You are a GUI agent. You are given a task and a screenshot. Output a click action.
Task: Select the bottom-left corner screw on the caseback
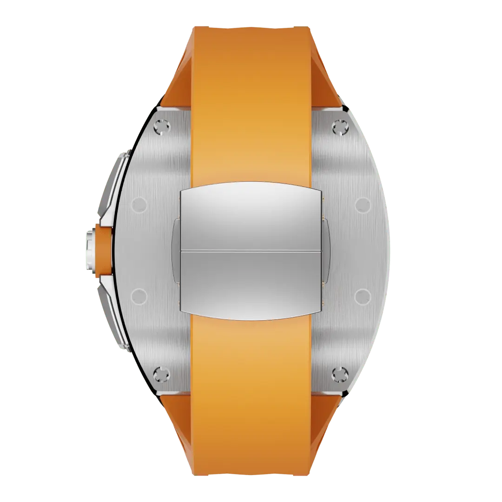click(x=162, y=373)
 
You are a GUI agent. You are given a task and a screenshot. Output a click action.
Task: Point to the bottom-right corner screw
click(x=340, y=373)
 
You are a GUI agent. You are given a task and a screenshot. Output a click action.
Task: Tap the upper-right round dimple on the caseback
click(x=363, y=204)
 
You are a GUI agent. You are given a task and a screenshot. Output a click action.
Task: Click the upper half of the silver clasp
click(x=251, y=216)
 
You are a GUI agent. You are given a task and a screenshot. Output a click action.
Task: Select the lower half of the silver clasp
click(x=251, y=284)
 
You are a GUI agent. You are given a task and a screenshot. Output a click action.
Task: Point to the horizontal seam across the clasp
click(x=251, y=250)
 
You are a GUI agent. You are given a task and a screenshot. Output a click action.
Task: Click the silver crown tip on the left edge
click(x=89, y=251)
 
